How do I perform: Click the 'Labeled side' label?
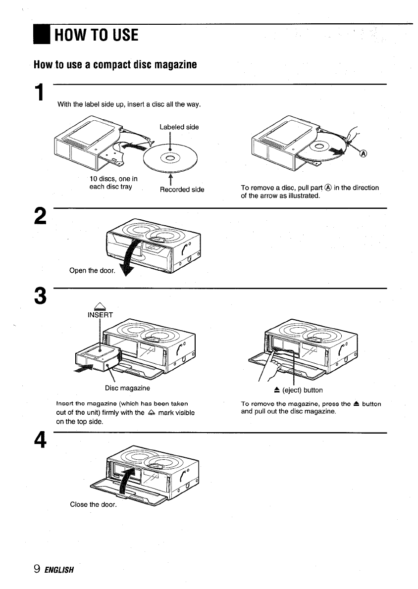[179, 127]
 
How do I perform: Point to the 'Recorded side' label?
[182, 190]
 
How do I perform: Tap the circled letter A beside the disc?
[363, 154]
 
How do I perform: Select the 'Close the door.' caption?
[93, 504]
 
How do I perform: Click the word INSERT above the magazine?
[101, 315]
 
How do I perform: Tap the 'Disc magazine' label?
[127, 388]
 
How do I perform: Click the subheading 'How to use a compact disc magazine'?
[115, 65]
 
